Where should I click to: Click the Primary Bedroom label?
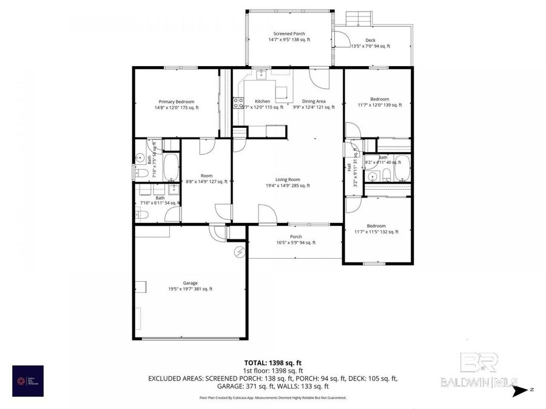point(177,101)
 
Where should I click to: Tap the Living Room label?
point(288,179)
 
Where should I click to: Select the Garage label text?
point(190,283)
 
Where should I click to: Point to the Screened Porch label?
point(289,34)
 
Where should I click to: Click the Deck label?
point(369,40)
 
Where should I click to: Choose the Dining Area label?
point(314,101)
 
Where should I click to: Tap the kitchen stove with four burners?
point(239,102)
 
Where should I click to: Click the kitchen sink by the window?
point(261,75)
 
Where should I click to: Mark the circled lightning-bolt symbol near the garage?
point(240,251)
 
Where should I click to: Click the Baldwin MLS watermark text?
point(478,382)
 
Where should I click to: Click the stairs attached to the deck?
point(358,19)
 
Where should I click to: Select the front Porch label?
point(295,236)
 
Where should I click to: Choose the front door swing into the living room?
point(266,214)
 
